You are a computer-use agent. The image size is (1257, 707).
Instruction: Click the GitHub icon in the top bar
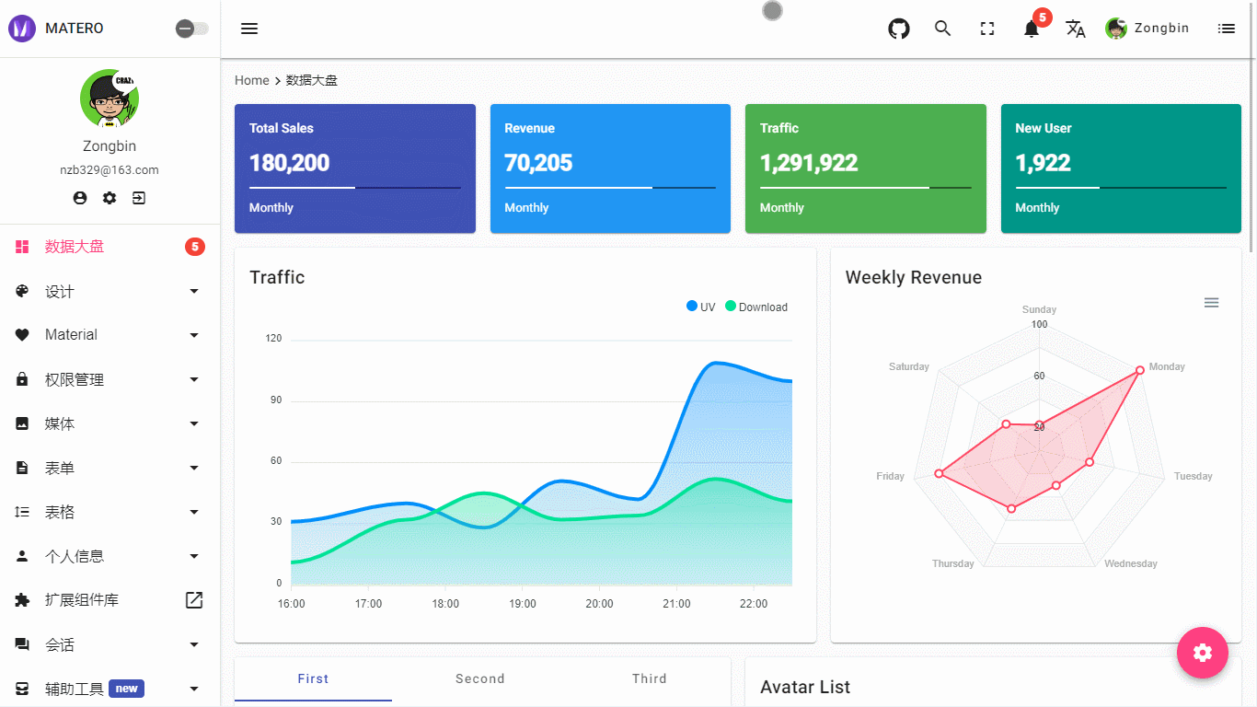[898, 29]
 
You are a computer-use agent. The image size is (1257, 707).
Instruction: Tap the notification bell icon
[1032, 29]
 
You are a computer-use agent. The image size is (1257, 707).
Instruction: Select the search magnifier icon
[942, 29]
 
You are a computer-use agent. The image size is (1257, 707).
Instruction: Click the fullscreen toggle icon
[987, 29]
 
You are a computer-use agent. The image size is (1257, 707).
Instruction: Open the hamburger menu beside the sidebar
[249, 29]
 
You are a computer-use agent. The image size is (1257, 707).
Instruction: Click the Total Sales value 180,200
[289, 163]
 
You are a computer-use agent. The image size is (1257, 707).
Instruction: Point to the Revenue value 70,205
[538, 163]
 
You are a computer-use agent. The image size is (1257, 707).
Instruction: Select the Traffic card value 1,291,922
[808, 163]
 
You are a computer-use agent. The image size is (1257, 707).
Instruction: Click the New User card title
[1043, 128]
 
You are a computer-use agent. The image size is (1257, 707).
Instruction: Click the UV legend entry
[700, 307]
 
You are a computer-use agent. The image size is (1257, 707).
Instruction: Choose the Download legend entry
[756, 307]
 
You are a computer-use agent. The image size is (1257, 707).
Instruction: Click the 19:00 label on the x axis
[523, 604]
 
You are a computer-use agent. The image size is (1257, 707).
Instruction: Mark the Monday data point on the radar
[1139, 370]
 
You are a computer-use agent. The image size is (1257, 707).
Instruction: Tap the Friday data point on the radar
[939, 473]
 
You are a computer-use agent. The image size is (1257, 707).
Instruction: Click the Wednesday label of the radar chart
[1130, 563]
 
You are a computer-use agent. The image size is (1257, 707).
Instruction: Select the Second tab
[479, 678]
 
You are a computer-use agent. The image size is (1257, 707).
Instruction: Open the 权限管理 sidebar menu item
[75, 379]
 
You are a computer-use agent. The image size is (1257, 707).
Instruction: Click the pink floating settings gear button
[1202, 653]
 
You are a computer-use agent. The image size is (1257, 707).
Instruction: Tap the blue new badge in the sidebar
[126, 689]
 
